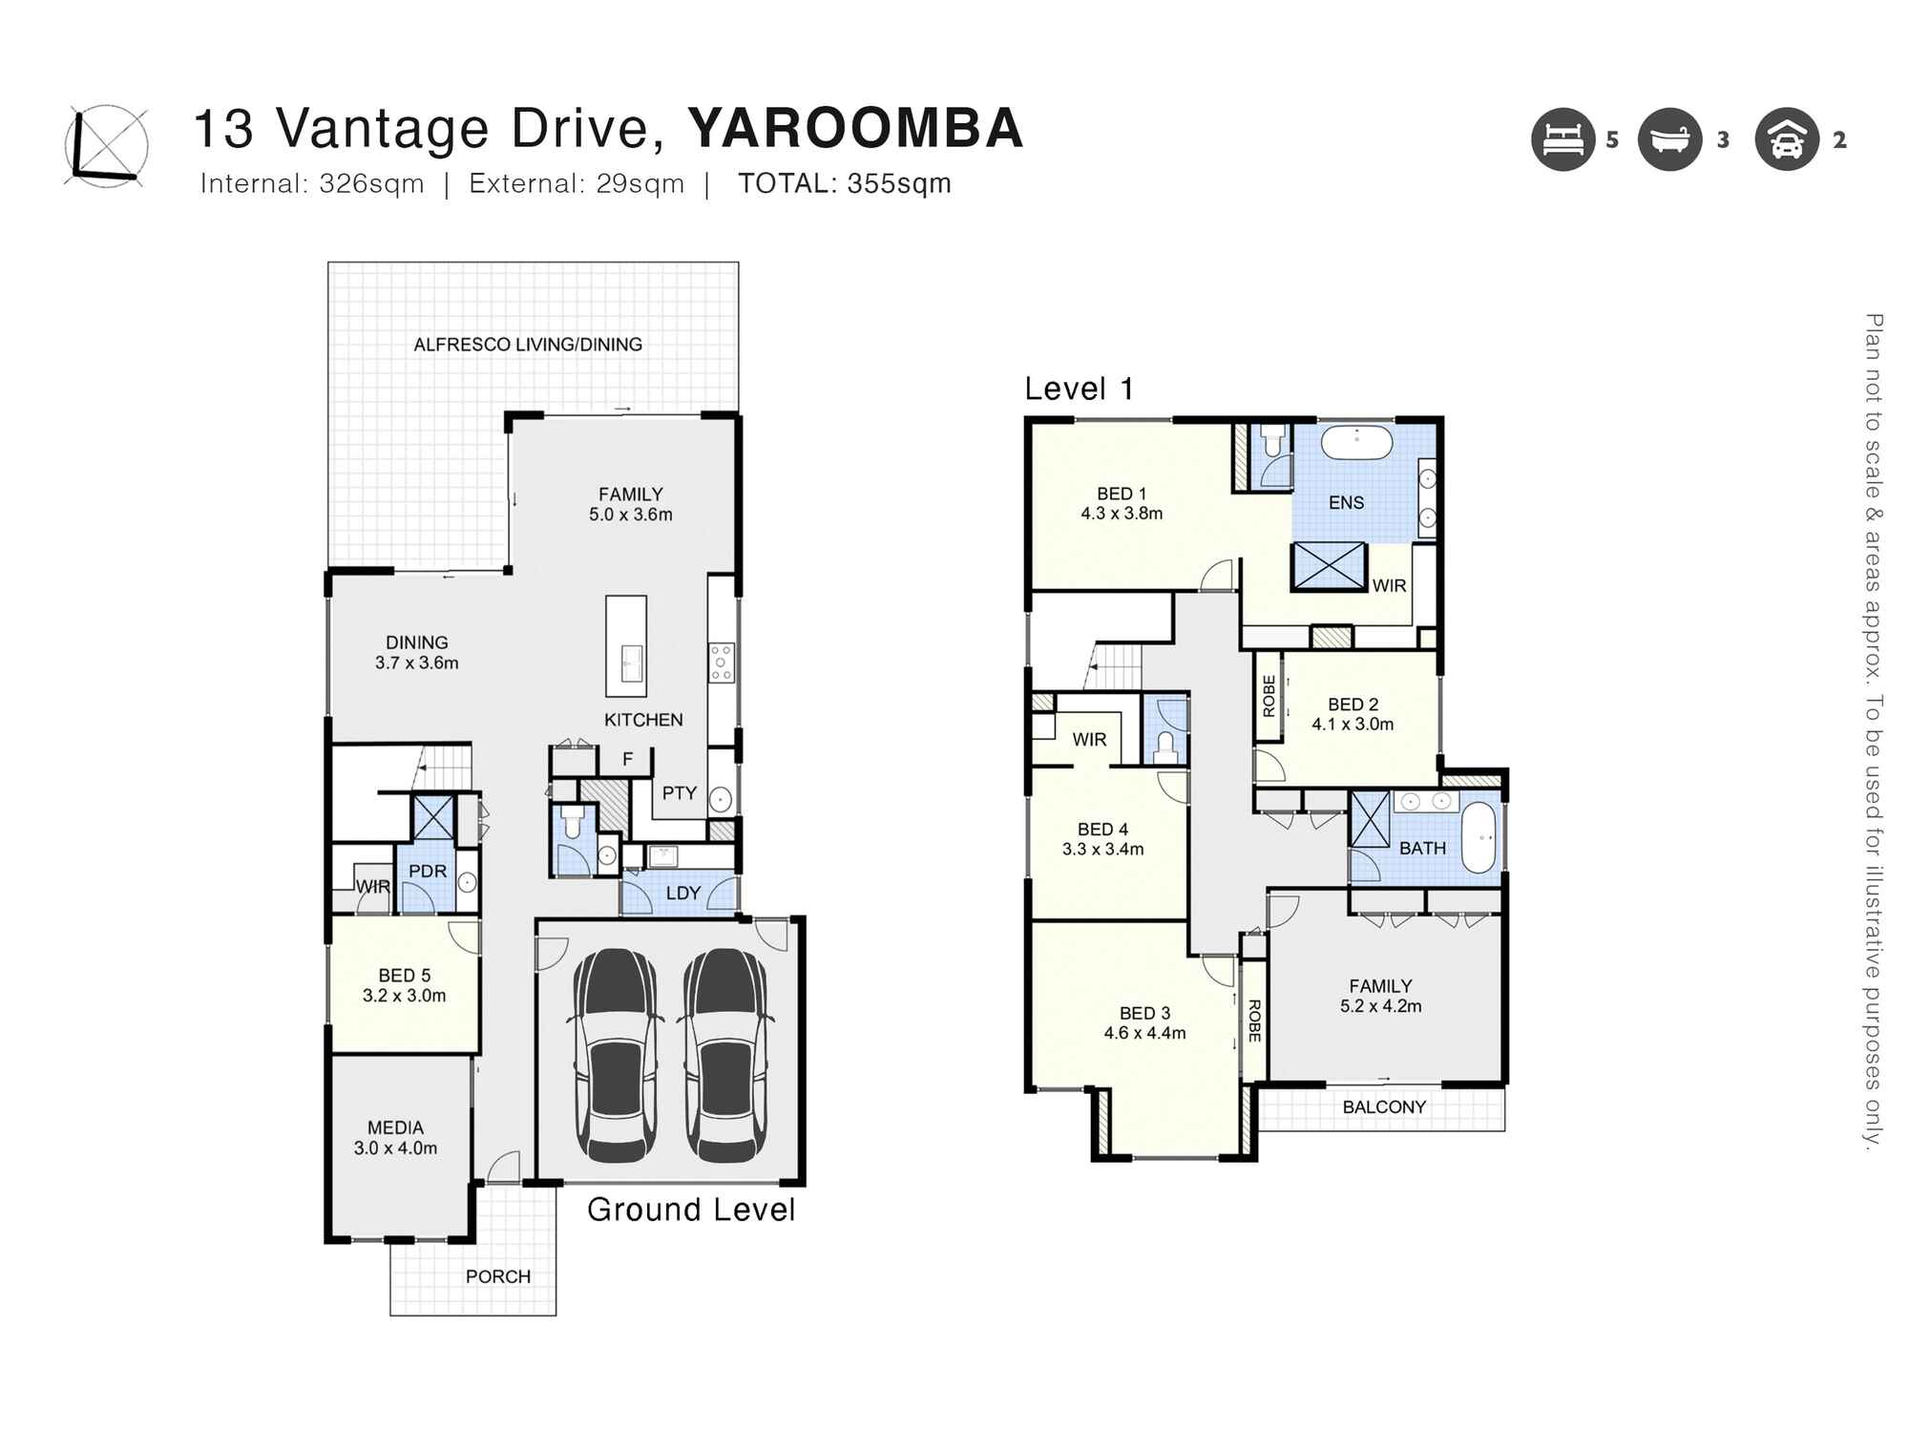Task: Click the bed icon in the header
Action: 1563,139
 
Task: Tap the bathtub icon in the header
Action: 1669,139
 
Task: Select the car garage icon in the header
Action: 1786,139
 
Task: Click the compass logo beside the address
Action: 106,146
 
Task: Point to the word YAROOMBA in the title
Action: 855,128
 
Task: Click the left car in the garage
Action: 616,1054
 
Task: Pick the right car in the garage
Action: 725,1054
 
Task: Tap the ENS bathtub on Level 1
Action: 1356,443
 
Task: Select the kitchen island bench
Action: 626,646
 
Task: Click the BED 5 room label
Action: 405,976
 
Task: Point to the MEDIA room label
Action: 395,1127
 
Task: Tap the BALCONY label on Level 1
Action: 1384,1107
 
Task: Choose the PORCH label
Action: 498,1276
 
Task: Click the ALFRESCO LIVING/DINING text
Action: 528,345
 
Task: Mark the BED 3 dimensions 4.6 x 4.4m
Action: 1144,1033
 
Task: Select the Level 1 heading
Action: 1079,389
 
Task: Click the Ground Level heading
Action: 691,1210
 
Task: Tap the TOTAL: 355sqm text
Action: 845,183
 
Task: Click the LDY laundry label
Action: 683,894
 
